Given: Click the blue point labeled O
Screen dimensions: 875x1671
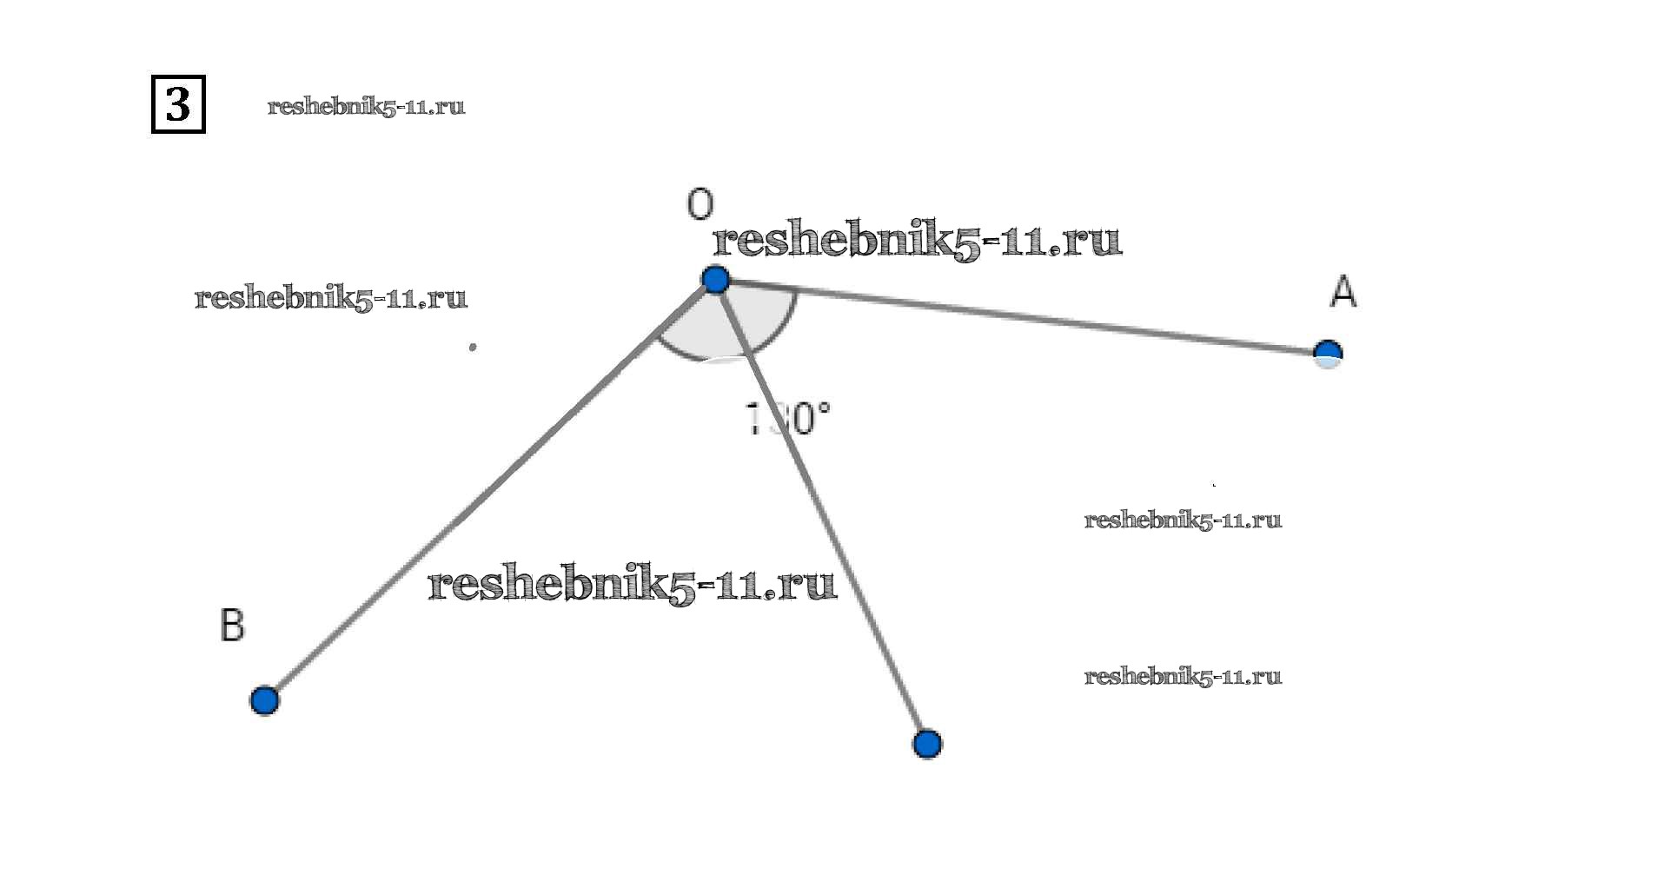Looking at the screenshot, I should tap(715, 280).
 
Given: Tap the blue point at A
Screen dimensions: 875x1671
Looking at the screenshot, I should tap(1328, 354).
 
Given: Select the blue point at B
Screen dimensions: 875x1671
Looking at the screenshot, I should tap(264, 700).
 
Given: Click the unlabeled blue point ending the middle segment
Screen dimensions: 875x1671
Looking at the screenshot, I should tap(927, 745).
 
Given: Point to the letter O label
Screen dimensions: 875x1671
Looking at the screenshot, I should tap(700, 205).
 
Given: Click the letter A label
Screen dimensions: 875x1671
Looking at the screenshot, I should tap(1343, 292).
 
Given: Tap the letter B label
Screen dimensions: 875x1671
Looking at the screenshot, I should tap(232, 626).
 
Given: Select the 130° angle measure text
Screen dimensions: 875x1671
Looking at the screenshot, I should tap(788, 418).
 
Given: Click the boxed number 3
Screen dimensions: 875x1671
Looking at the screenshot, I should tap(178, 104).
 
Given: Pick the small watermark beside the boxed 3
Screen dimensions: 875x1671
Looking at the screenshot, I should tap(366, 107).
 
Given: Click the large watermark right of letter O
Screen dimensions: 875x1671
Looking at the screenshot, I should tap(917, 241).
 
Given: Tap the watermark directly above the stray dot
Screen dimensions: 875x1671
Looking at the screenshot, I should tap(331, 298).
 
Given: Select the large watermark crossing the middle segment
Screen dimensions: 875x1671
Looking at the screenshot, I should tap(632, 585).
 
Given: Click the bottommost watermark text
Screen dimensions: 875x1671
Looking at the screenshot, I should tap(1183, 677).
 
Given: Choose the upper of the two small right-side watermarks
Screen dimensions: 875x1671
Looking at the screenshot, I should tap(1183, 520).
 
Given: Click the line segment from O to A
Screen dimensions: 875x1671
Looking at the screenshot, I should tap(1025, 318).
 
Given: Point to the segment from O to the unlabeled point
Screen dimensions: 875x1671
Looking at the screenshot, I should tap(834, 539).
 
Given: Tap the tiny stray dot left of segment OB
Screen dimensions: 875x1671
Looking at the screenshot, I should tap(473, 347).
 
